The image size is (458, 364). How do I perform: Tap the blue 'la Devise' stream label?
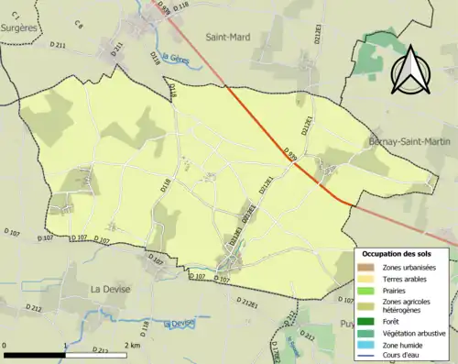180,323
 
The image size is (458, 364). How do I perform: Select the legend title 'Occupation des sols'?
404,253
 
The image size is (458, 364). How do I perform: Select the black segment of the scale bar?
35,354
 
